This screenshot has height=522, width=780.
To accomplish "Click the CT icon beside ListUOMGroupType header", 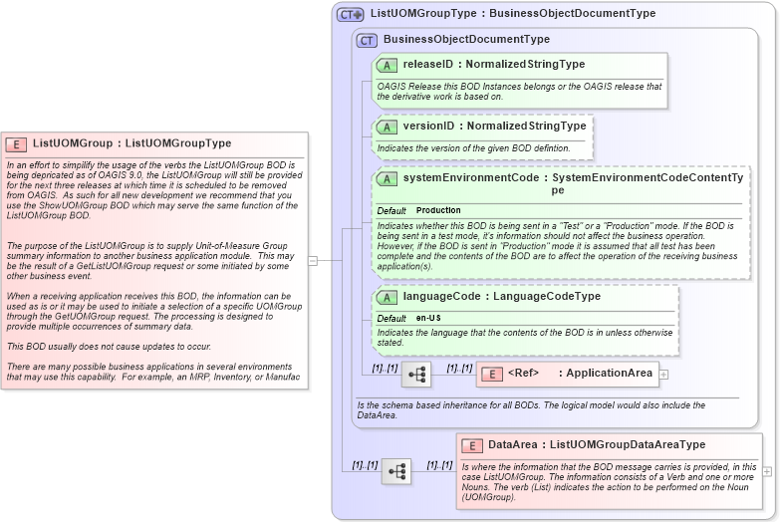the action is pos(351,14).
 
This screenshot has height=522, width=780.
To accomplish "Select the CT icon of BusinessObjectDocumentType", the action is pos(368,40).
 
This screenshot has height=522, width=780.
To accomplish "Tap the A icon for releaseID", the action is pos(387,65).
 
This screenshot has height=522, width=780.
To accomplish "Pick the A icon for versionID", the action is pos(387,128).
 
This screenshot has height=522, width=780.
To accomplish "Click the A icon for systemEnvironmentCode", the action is pos(387,178).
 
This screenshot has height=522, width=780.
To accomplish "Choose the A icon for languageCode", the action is pos(387,297).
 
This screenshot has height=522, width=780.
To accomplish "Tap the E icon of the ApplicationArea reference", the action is pos(491,374).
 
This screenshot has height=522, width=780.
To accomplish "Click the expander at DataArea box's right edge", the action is pos(767,470).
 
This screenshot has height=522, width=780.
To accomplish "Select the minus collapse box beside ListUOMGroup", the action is pos(313,261).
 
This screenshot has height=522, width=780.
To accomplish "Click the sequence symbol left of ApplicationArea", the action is pos(418,375).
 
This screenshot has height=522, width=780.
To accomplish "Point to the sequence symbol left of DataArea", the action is pos(396,471).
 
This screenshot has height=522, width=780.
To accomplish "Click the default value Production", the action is pos(438,211).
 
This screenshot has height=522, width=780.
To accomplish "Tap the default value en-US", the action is pos(428,318).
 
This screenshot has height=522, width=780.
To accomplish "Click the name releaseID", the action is pos(428,65).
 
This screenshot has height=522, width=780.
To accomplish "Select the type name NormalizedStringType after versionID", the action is pos(527,127).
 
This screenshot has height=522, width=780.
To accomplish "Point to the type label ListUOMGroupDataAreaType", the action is pos(627,444).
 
